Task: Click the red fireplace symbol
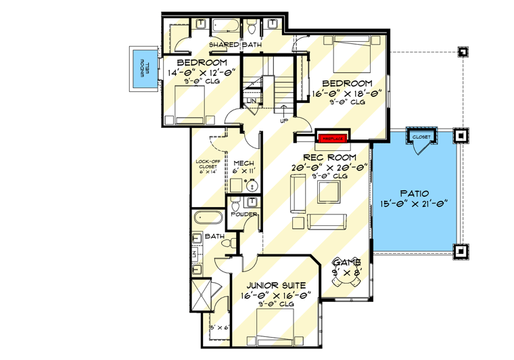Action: click(332, 138)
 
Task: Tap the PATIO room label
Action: click(415, 193)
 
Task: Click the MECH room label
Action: click(243, 164)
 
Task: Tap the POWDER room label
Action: click(243, 214)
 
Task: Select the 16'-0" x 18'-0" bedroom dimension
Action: click(348, 93)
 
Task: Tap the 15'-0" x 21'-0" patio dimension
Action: click(415, 204)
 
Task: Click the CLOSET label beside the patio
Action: click(421, 136)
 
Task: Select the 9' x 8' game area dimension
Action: click(349, 272)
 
